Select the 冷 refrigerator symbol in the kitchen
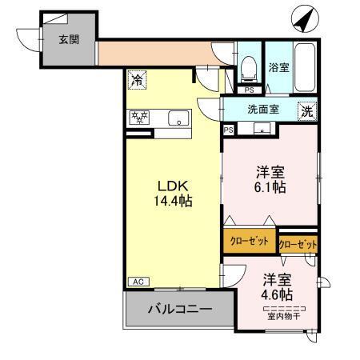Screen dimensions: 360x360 point(137,79)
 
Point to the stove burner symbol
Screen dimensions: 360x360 point(140,118)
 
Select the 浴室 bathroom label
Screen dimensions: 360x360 point(278,66)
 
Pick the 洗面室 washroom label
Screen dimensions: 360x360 point(262,110)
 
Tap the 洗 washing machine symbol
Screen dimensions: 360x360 point(307,112)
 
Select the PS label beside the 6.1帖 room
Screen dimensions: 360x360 point(229,130)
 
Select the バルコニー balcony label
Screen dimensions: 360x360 point(179,309)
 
